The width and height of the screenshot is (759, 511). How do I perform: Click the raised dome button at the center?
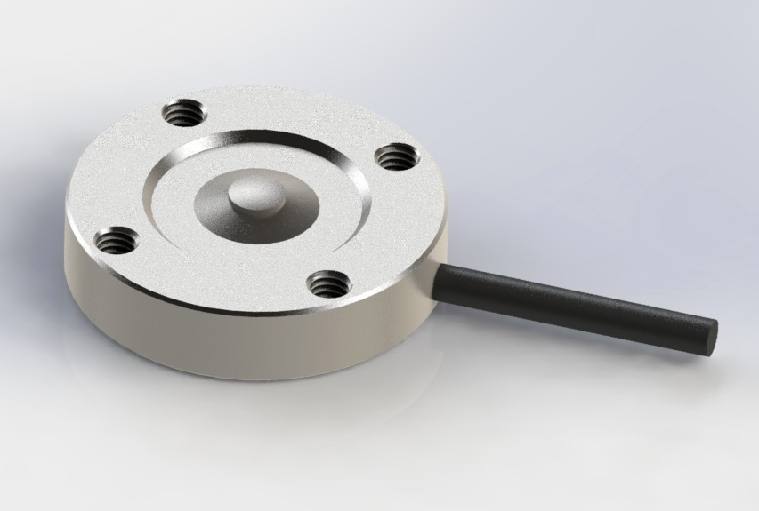(252, 194)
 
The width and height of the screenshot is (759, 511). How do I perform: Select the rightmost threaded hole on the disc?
(392, 157)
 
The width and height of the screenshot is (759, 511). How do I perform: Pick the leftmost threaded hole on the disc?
(117, 239)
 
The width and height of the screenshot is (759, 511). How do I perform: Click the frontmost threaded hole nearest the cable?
(328, 283)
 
